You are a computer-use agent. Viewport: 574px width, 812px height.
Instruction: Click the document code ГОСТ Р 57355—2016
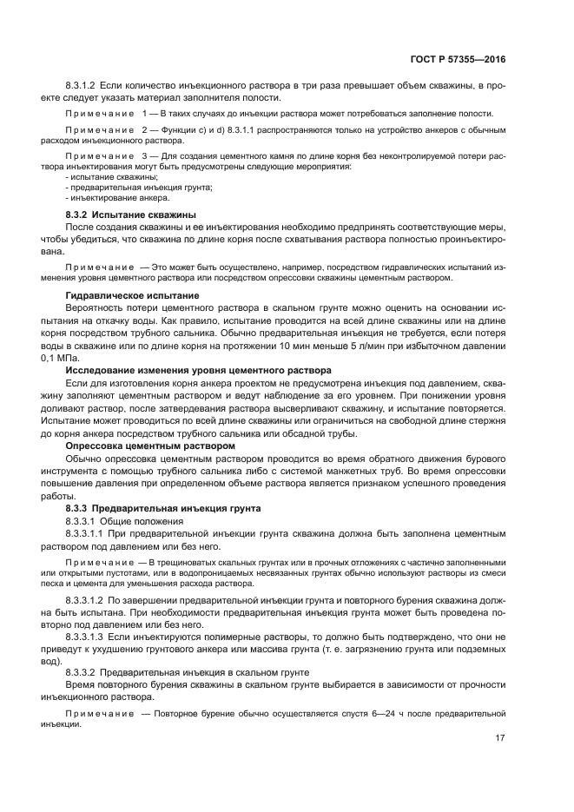(x=457, y=61)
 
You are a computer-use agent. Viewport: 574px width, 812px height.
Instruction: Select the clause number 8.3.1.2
(x=80, y=86)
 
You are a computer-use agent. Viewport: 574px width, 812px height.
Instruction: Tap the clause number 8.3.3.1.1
(x=85, y=535)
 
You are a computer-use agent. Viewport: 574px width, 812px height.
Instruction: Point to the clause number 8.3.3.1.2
(x=85, y=600)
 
